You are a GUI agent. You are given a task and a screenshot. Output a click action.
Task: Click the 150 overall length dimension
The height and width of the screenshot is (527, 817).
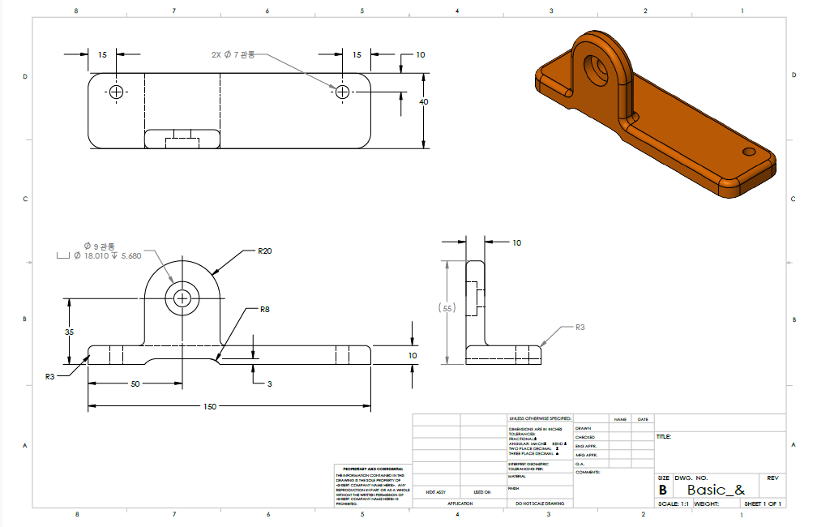[210, 406]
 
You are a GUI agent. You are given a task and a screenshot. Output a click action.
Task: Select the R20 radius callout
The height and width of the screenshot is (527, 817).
[264, 251]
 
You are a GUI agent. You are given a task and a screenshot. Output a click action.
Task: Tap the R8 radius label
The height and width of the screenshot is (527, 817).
[265, 310]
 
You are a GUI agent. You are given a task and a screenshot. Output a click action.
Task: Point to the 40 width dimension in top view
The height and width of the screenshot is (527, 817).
[423, 102]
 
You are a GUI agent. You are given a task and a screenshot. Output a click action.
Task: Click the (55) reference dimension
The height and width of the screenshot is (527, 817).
[445, 309]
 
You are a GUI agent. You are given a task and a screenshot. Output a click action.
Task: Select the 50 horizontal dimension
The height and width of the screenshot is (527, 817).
[135, 383]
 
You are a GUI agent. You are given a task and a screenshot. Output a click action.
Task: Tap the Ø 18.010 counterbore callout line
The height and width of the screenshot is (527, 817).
[107, 255]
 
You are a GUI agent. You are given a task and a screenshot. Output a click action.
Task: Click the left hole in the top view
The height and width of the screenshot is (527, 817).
[118, 92]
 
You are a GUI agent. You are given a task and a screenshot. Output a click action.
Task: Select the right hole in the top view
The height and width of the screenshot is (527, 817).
[342, 92]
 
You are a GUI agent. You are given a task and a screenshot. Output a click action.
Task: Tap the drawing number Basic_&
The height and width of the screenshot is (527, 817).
[716, 491]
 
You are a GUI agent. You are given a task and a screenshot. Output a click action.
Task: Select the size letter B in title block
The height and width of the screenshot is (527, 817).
[662, 491]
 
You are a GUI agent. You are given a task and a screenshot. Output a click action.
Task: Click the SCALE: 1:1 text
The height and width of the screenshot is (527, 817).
[674, 503]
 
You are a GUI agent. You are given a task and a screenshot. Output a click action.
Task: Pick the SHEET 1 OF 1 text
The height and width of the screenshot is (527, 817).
[762, 503]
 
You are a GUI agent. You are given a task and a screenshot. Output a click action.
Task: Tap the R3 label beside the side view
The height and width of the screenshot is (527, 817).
[580, 328]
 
